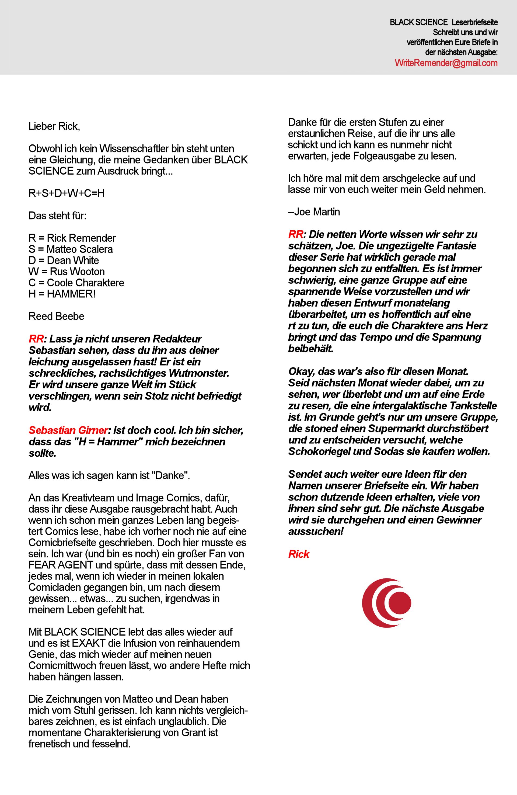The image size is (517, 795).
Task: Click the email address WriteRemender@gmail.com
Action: coord(446,63)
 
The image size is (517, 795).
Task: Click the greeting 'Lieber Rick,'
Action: coord(54,126)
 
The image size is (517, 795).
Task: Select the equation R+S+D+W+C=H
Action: coord(67,193)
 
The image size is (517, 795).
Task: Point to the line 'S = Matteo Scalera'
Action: coord(71,249)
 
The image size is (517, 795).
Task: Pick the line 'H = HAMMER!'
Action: coord(62,294)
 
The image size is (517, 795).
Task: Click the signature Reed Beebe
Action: coord(56,316)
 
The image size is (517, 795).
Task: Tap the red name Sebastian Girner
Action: coord(68,430)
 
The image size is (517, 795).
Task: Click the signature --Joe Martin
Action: coord(314,212)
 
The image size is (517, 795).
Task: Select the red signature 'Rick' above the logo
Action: coord(299,554)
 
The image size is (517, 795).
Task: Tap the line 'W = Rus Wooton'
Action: coord(67,272)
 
